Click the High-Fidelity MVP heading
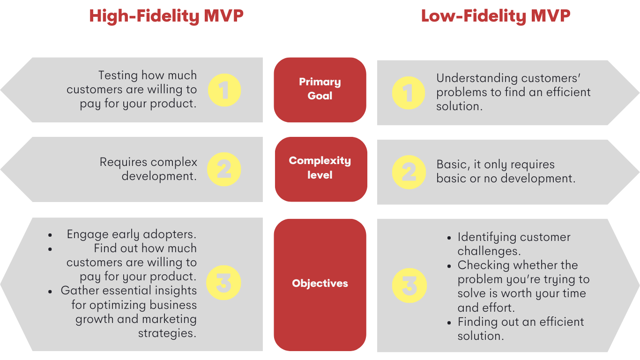pyautogui.click(x=166, y=16)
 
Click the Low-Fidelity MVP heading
pyautogui.click(x=496, y=16)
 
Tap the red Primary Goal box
pyautogui.click(x=320, y=90)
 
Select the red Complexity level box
pyautogui.click(x=321, y=169)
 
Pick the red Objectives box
pyautogui.click(x=320, y=285)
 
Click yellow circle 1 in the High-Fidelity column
pyautogui.click(x=224, y=90)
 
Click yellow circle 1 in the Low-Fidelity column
pyautogui.click(x=409, y=93)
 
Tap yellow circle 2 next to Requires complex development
pyautogui.click(x=224, y=169)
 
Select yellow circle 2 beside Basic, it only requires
pyautogui.click(x=409, y=172)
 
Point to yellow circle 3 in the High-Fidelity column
pyautogui.click(x=223, y=283)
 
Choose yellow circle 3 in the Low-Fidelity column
pyautogui.click(x=409, y=285)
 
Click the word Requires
pyautogui.click(x=123, y=162)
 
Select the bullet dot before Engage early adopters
pyautogui.click(x=50, y=235)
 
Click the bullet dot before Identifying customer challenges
pyautogui.click(x=449, y=238)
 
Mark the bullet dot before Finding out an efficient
pyautogui.click(x=449, y=323)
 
